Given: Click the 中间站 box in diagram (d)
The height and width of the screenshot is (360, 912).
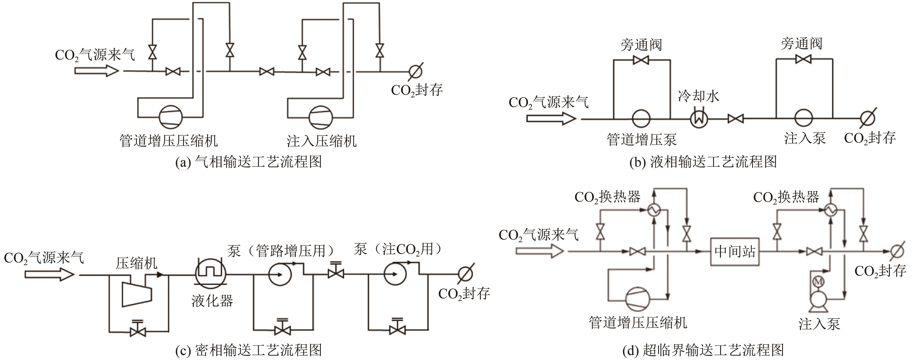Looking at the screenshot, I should click(735, 252).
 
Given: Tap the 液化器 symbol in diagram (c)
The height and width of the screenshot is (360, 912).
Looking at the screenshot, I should click(211, 274).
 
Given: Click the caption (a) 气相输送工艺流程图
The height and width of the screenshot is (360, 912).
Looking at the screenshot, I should click(248, 162).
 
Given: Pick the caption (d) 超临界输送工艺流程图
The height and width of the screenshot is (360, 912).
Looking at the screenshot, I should click(703, 350).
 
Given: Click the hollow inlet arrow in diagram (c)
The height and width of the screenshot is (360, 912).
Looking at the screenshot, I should click(49, 274).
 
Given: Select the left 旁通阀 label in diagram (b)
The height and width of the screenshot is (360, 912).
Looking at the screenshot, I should click(641, 45).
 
